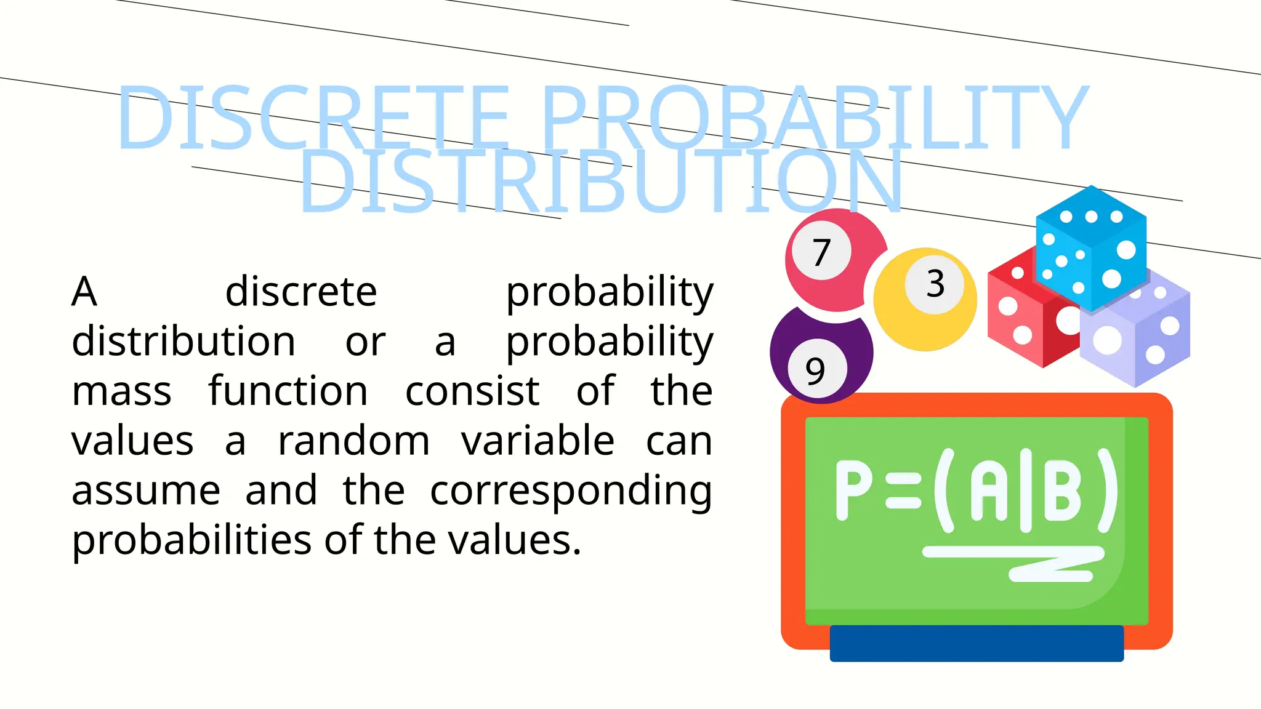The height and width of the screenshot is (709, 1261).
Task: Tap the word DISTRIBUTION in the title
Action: pos(602,182)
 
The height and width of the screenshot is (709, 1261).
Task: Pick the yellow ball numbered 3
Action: pos(925,300)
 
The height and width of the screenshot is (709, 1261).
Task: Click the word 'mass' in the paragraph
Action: pos(121,391)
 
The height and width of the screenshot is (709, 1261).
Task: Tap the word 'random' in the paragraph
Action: pos(353,441)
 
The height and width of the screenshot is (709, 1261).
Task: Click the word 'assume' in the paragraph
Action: pos(146,491)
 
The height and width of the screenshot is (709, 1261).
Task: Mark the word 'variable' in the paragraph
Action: pos(538,441)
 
